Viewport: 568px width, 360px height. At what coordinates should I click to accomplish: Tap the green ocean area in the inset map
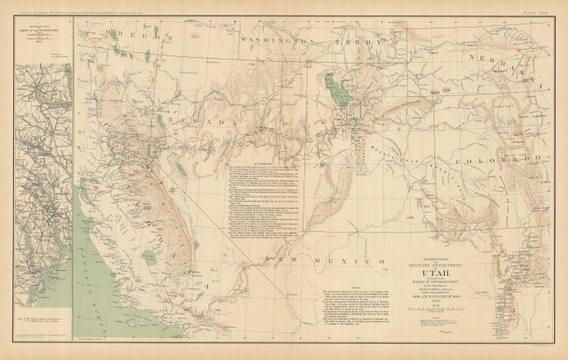coord(21,218)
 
